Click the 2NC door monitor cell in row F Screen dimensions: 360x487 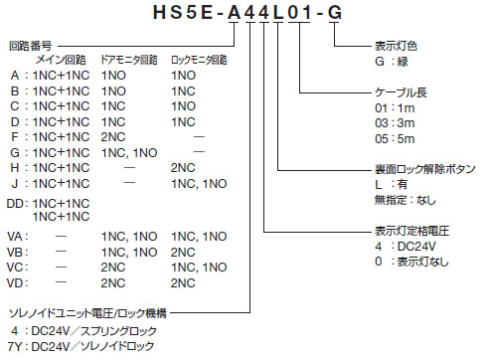coord(112,136)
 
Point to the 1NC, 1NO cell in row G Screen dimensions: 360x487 coord(128,151)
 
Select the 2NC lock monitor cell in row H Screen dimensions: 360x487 coord(183,167)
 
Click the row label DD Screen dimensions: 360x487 coord(16,202)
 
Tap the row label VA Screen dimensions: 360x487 coord(16,236)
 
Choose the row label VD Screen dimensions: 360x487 coord(16,281)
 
